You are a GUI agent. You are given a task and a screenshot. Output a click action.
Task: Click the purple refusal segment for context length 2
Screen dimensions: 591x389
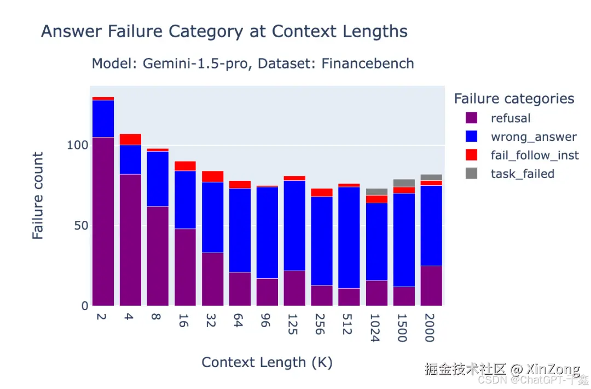pyautogui.click(x=103, y=221)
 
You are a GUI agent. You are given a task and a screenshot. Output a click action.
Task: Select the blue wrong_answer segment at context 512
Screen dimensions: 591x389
pyautogui.click(x=349, y=238)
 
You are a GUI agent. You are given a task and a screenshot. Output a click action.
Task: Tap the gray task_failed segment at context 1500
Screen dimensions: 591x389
pyautogui.click(x=404, y=184)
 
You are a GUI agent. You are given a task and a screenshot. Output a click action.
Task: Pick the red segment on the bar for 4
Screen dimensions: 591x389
pyautogui.click(x=130, y=140)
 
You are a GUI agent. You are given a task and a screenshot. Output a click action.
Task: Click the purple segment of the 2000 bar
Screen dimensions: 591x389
pyautogui.click(x=432, y=286)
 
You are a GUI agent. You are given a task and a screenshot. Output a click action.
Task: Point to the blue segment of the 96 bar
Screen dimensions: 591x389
pyautogui.click(x=267, y=233)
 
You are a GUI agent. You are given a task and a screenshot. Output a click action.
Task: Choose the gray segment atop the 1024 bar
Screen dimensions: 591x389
pyautogui.click(x=376, y=192)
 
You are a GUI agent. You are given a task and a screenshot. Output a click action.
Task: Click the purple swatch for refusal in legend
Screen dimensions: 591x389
pyautogui.click(x=472, y=118)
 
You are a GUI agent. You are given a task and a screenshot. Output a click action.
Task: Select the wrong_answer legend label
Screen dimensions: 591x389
pyautogui.click(x=534, y=136)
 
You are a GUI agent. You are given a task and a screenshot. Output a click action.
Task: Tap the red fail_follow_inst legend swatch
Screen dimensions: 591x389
pyautogui.click(x=472, y=155)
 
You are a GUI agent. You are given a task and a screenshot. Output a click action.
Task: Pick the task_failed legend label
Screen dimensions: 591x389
pyautogui.click(x=523, y=174)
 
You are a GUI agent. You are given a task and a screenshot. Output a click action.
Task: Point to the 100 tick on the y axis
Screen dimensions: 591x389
pyautogui.click(x=77, y=145)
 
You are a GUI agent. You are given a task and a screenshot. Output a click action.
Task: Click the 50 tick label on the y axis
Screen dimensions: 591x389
pyautogui.click(x=81, y=226)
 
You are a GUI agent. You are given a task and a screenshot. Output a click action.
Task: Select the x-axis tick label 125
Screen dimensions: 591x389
pyautogui.click(x=292, y=324)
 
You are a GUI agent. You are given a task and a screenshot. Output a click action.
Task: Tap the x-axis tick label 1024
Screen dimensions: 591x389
pyautogui.click(x=374, y=328)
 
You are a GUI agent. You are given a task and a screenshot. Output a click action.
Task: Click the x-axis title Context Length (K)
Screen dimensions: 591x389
pyautogui.click(x=267, y=362)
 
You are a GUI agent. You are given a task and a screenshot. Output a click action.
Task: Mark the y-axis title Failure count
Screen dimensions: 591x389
pyautogui.click(x=38, y=196)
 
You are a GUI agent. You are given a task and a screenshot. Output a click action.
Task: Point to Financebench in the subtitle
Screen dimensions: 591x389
pyautogui.click(x=368, y=64)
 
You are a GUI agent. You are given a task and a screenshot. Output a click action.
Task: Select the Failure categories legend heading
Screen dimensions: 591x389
pyautogui.click(x=514, y=99)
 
